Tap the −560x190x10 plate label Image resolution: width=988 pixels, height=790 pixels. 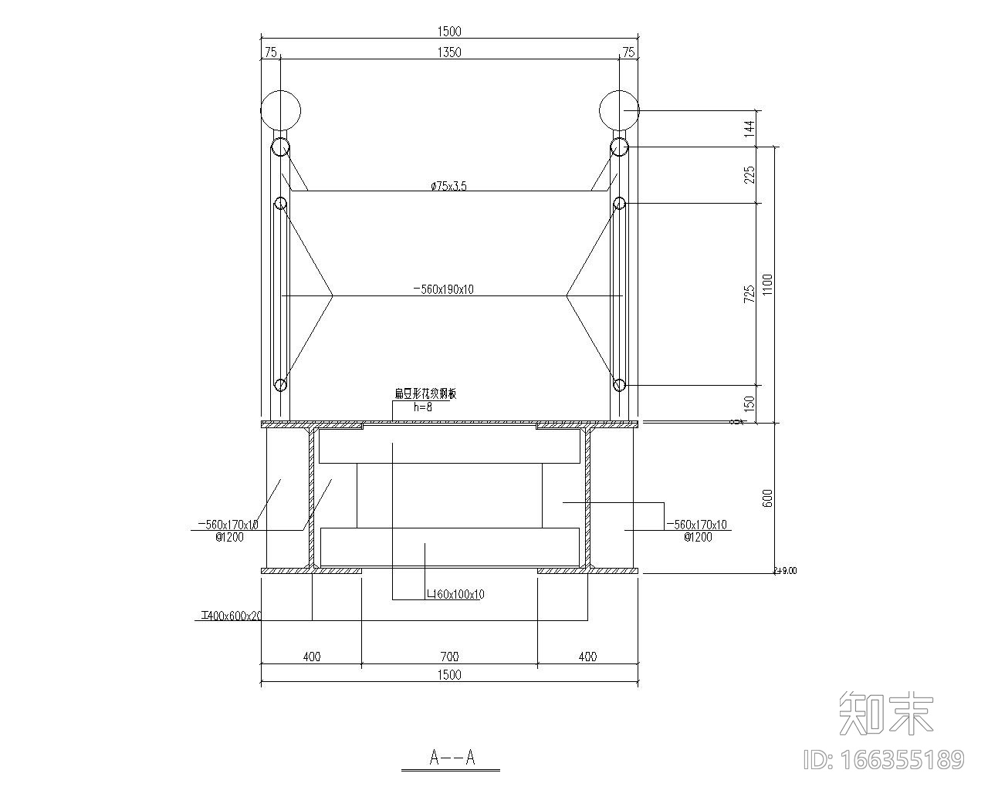point(444,289)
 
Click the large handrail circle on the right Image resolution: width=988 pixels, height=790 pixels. point(620,110)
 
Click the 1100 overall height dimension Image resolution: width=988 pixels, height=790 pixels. point(767,285)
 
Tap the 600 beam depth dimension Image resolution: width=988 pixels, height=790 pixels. point(767,498)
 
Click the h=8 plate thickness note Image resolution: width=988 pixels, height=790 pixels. point(423,407)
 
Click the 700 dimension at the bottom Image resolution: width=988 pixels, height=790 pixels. point(448,657)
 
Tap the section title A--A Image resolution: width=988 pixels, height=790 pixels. point(452,758)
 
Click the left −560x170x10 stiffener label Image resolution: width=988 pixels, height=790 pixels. point(228,525)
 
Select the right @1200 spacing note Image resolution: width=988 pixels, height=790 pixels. point(698,537)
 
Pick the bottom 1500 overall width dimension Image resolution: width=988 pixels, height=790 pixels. point(448,675)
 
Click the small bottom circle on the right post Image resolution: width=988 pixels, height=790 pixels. point(618,384)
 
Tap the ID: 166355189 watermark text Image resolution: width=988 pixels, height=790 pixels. point(884,760)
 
